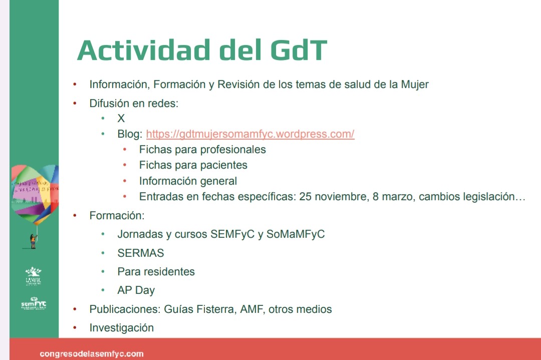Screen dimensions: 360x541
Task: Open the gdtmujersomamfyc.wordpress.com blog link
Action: click(250, 134)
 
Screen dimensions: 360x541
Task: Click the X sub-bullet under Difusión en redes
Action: click(121, 119)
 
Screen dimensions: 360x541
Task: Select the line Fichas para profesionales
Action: click(202, 149)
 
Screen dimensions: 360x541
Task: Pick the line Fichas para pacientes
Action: click(193, 165)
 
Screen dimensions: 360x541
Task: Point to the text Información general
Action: click(188, 181)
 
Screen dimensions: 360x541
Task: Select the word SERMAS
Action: click(141, 253)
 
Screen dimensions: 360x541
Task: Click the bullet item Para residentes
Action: click(156, 271)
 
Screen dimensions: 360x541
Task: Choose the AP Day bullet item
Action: click(136, 290)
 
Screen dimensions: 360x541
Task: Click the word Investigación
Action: click(121, 328)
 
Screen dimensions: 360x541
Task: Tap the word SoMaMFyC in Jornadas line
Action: click(296, 234)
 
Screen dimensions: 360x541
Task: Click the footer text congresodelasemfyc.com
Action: click(92, 354)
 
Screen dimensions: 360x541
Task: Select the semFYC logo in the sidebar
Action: click(34, 303)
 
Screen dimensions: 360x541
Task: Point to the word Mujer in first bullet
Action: click(414, 84)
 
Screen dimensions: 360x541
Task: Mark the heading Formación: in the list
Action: click(117, 216)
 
